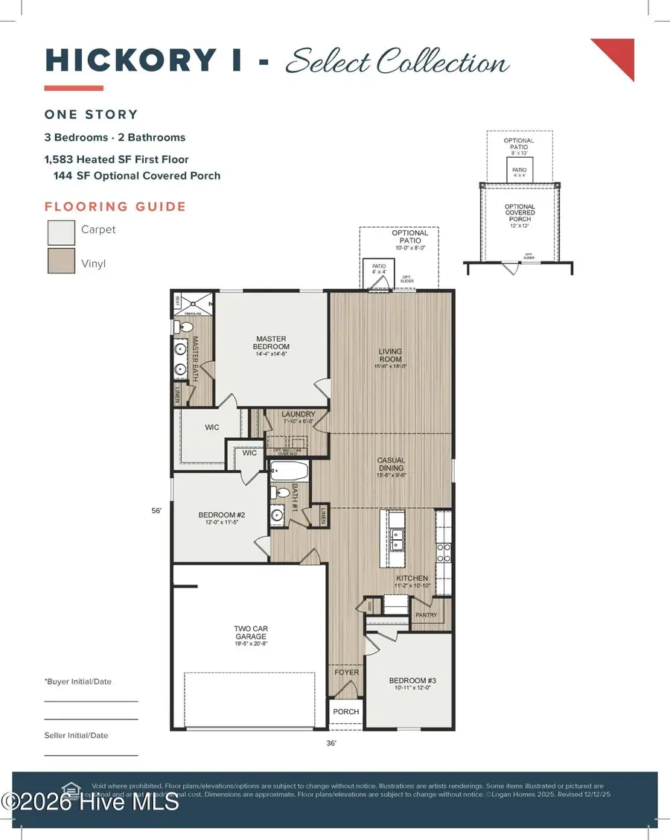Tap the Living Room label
tap(390, 356)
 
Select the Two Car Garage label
tap(250, 633)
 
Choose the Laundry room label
tap(299, 415)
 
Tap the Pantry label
tap(425, 614)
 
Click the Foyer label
tap(346, 672)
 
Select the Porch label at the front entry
tap(346, 712)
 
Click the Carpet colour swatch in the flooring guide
tap(61, 232)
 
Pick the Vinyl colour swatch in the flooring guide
tap(61, 261)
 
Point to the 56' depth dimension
tap(156, 511)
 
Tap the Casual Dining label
tap(390, 465)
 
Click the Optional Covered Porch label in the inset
tap(520, 211)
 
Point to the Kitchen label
tap(412, 578)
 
